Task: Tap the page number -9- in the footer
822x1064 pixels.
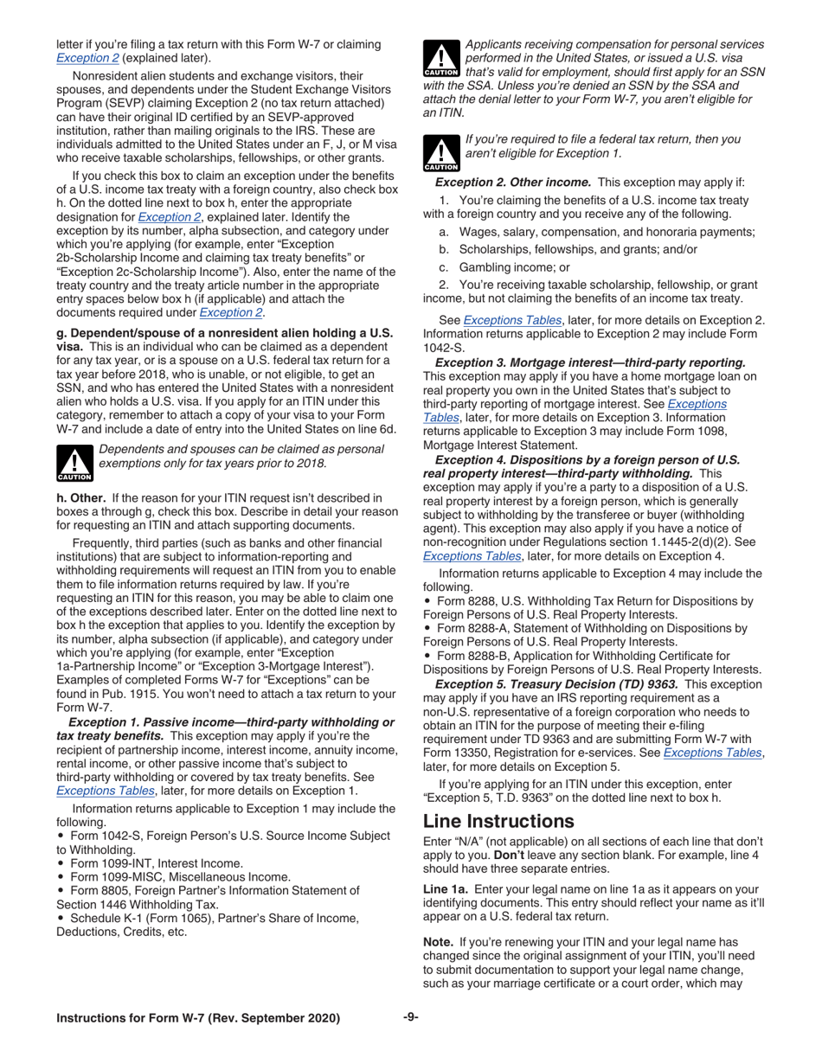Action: coord(411,1016)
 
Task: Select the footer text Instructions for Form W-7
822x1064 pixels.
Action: coord(198,1018)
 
